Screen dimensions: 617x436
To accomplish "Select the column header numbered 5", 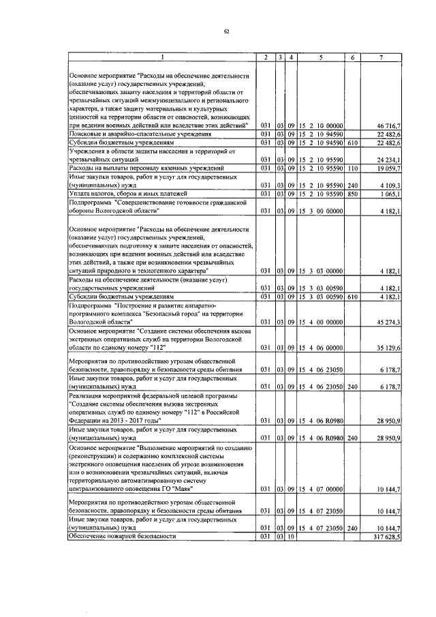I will (320, 57).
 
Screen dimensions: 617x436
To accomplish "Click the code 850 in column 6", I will (353, 194).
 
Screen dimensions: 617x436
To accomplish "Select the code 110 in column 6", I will (353, 167).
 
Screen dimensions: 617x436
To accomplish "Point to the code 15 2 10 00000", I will (320, 126).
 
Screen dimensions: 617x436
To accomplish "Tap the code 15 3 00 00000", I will (320, 211).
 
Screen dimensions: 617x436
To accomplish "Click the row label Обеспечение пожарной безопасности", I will (122, 537).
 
